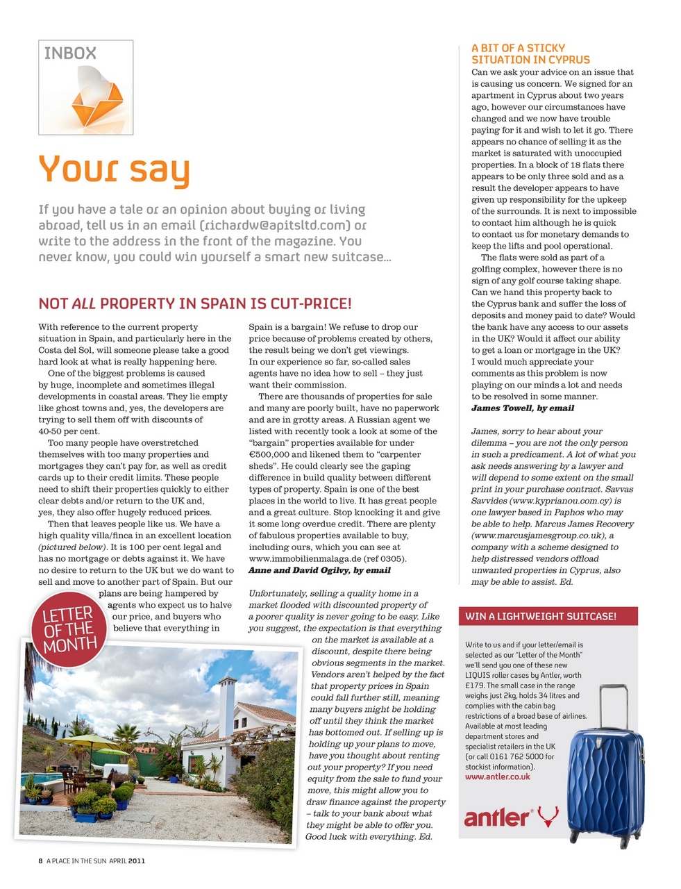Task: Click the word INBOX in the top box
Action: (70, 53)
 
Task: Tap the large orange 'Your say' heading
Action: (114, 169)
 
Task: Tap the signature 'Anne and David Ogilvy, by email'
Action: (319, 570)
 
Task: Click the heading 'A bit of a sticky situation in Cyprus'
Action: (530, 53)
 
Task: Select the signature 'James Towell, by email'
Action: (523, 408)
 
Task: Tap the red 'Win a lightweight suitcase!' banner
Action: (541, 616)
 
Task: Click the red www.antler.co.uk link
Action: (498, 776)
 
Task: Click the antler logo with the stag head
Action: (511, 817)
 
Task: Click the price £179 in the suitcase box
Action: (475, 686)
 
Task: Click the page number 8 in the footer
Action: (41, 861)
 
